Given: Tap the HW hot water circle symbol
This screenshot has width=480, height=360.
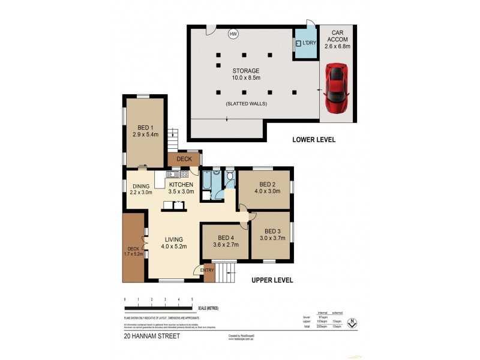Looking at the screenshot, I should [233, 34].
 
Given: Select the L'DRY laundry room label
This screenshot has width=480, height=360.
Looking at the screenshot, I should [308, 43].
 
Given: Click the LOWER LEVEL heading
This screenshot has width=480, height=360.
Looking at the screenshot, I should [313, 140].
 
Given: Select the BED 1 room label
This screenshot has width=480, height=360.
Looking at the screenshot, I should [144, 131].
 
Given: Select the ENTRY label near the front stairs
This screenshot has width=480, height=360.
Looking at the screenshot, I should [207, 270].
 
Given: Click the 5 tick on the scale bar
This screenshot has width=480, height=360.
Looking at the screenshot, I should [192, 298].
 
